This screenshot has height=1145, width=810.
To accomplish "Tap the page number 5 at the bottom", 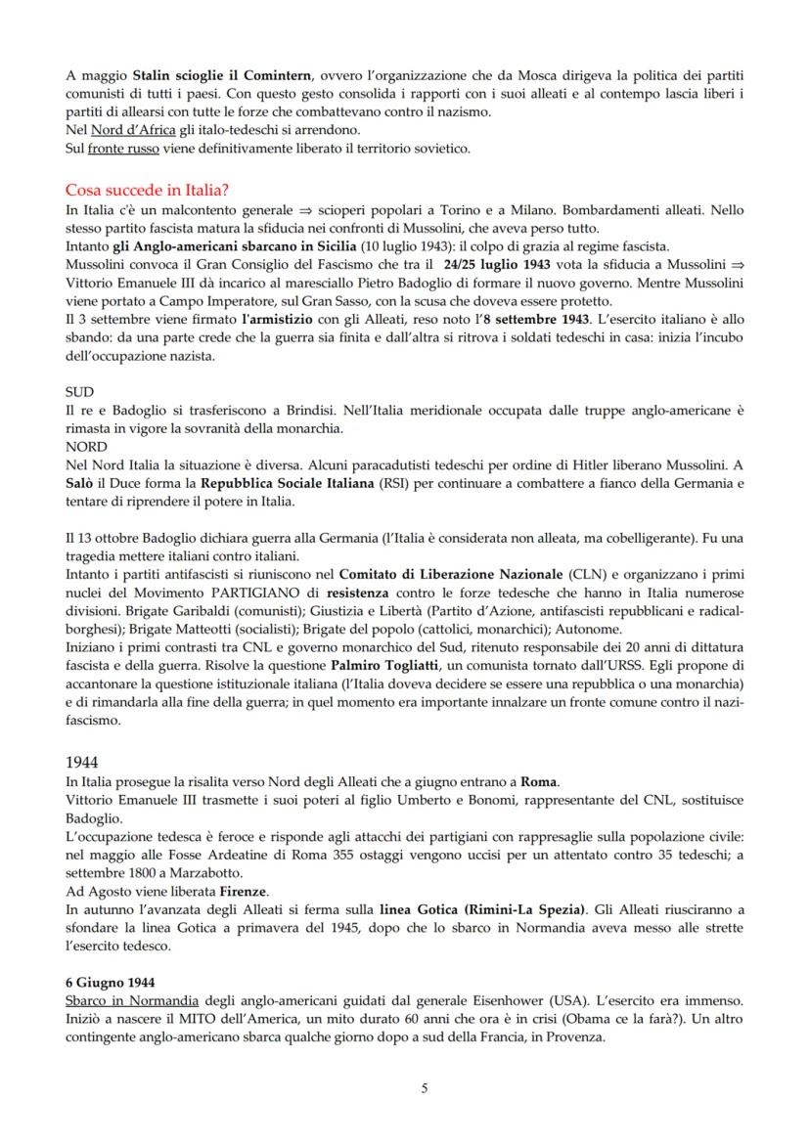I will point(424,1088).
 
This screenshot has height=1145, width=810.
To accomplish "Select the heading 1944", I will point(82,760).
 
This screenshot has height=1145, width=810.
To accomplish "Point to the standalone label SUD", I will point(79,391).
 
